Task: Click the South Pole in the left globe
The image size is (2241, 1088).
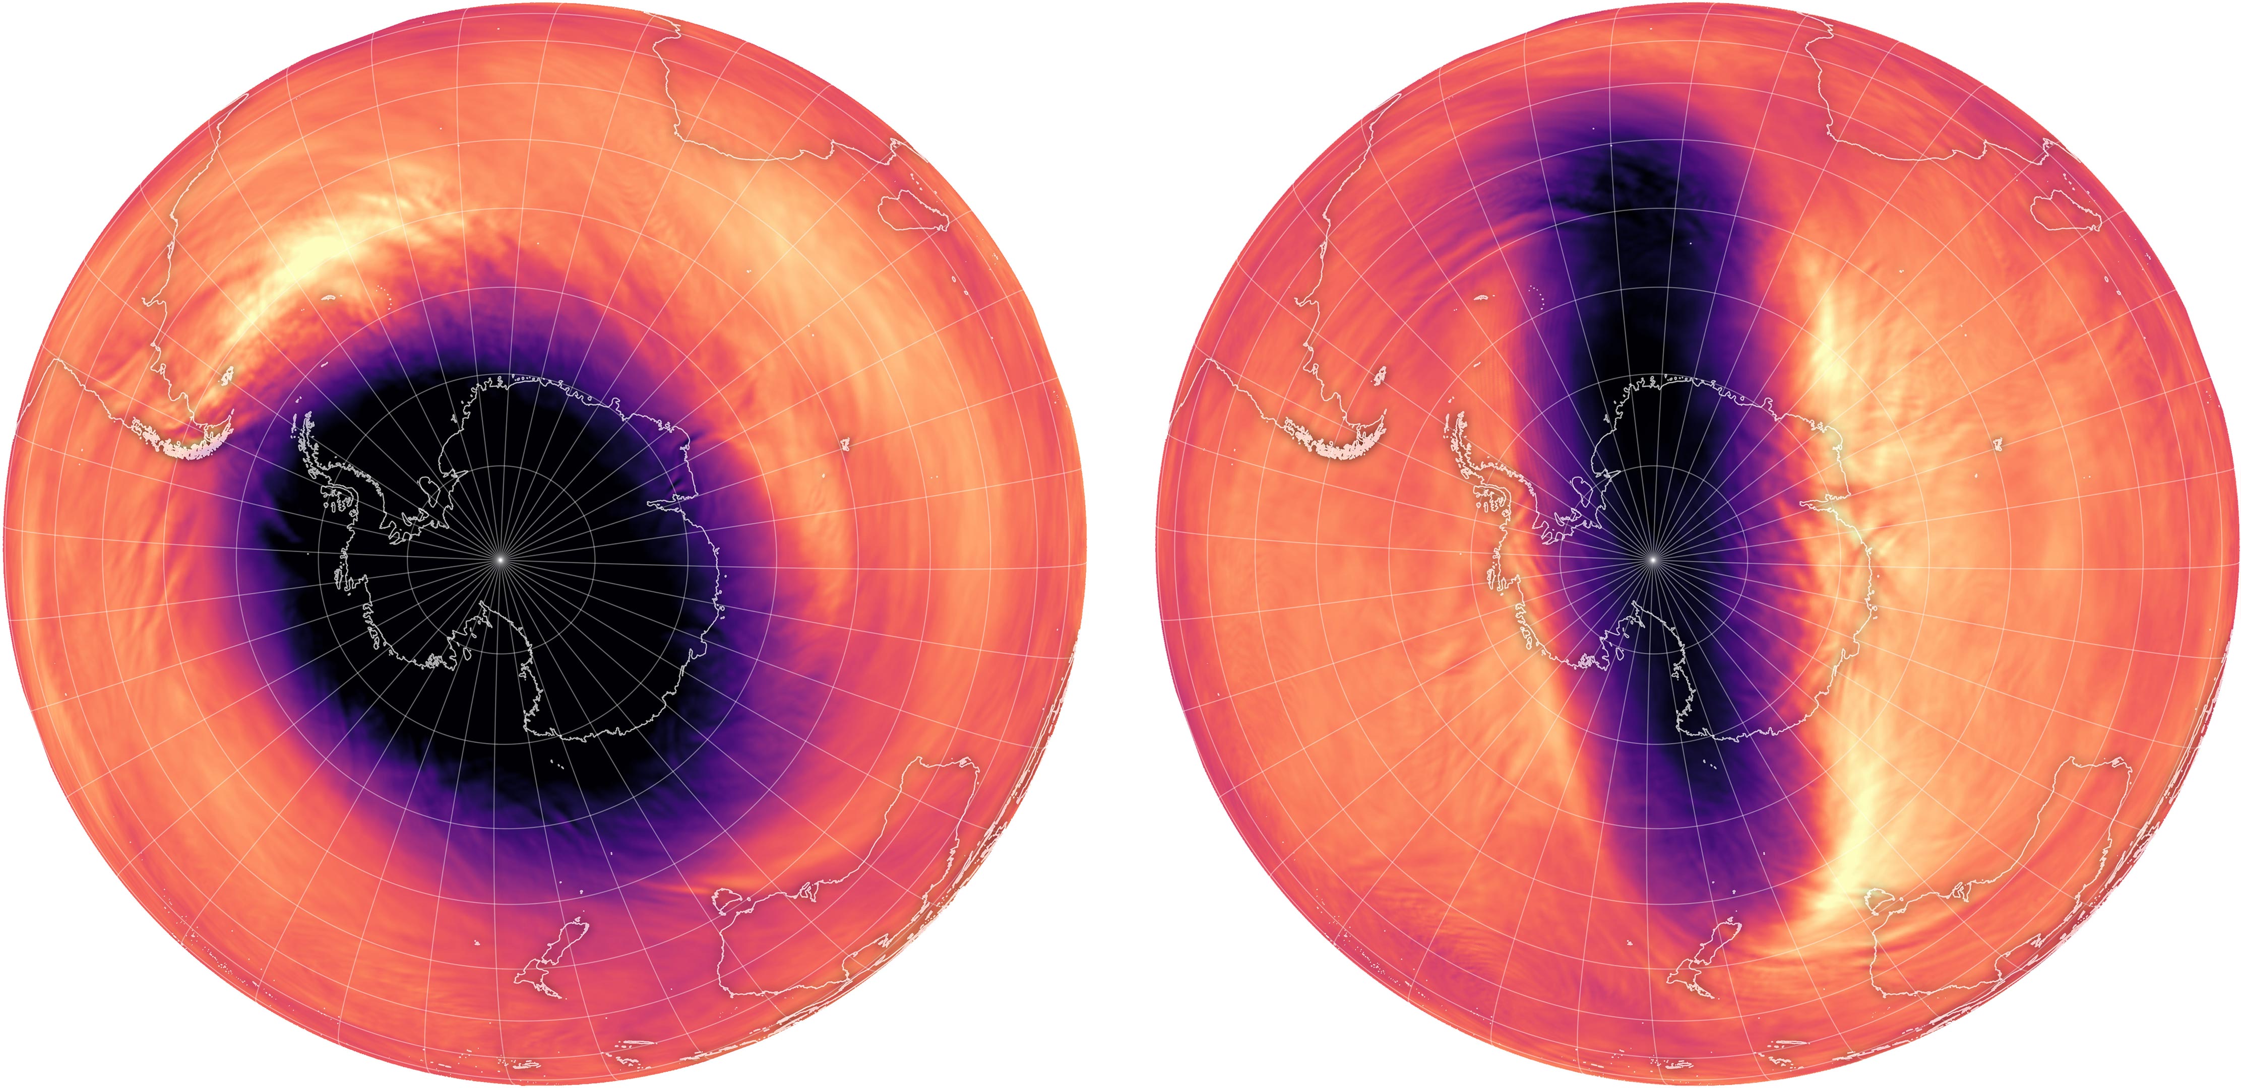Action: point(500,558)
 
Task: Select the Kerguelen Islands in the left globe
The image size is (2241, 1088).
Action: point(844,445)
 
